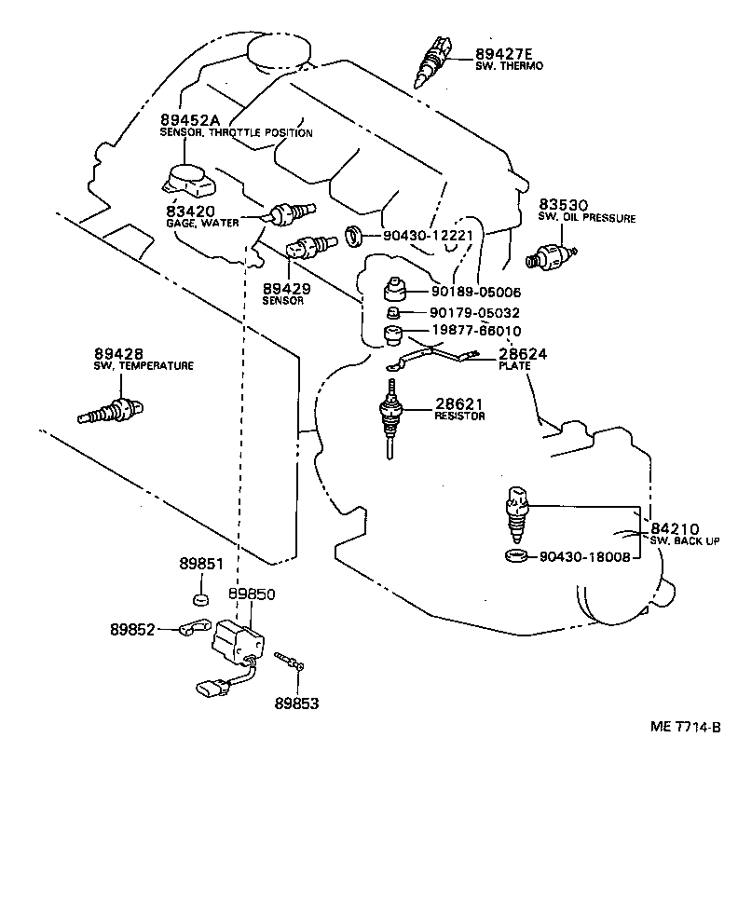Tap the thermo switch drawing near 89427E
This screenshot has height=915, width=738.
click(x=433, y=56)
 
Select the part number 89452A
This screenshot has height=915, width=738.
click(x=192, y=119)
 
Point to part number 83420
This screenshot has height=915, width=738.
click(x=191, y=212)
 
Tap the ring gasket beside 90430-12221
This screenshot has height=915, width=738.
click(x=355, y=236)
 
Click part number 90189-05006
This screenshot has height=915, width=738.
click(x=475, y=292)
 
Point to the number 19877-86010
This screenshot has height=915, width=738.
click(x=475, y=331)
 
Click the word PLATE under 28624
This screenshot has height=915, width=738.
click(x=514, y=366)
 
